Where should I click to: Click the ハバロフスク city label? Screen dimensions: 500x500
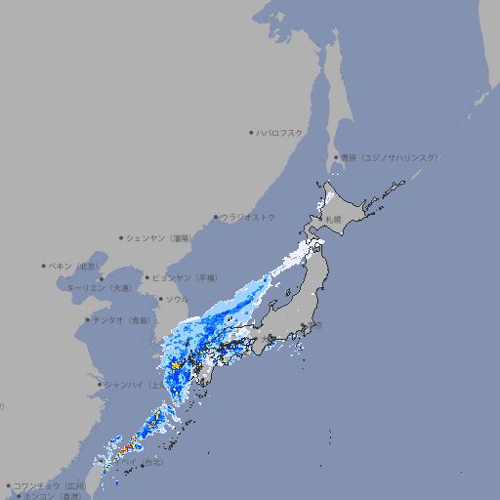click(280, 132)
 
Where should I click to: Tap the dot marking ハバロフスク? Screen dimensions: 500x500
click(251, 132)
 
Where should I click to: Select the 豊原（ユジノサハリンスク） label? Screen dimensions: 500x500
click(390, 157)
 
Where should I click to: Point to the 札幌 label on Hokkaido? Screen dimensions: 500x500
click(334, 219)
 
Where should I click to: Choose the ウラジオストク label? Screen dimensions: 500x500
click(248, 217)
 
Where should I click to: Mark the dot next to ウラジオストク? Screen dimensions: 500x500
click(216, 217)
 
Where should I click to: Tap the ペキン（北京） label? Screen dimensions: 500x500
click(75, 266)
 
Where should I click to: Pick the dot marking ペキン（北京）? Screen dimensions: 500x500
click(44, 266)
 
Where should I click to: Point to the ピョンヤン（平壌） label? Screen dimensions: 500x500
click(187, 277)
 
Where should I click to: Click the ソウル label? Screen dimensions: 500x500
click(178, 299)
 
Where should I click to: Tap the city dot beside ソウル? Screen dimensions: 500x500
click(160, 299)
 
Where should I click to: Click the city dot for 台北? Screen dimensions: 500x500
click(144, 466)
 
